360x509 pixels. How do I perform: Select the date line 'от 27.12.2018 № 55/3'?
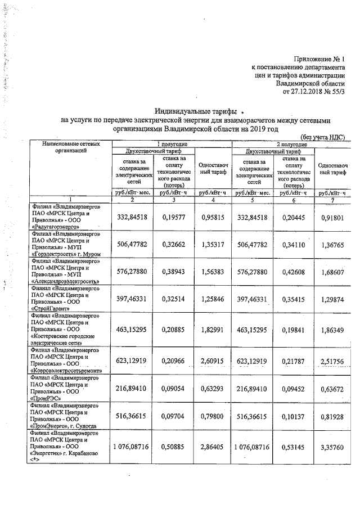313,90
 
